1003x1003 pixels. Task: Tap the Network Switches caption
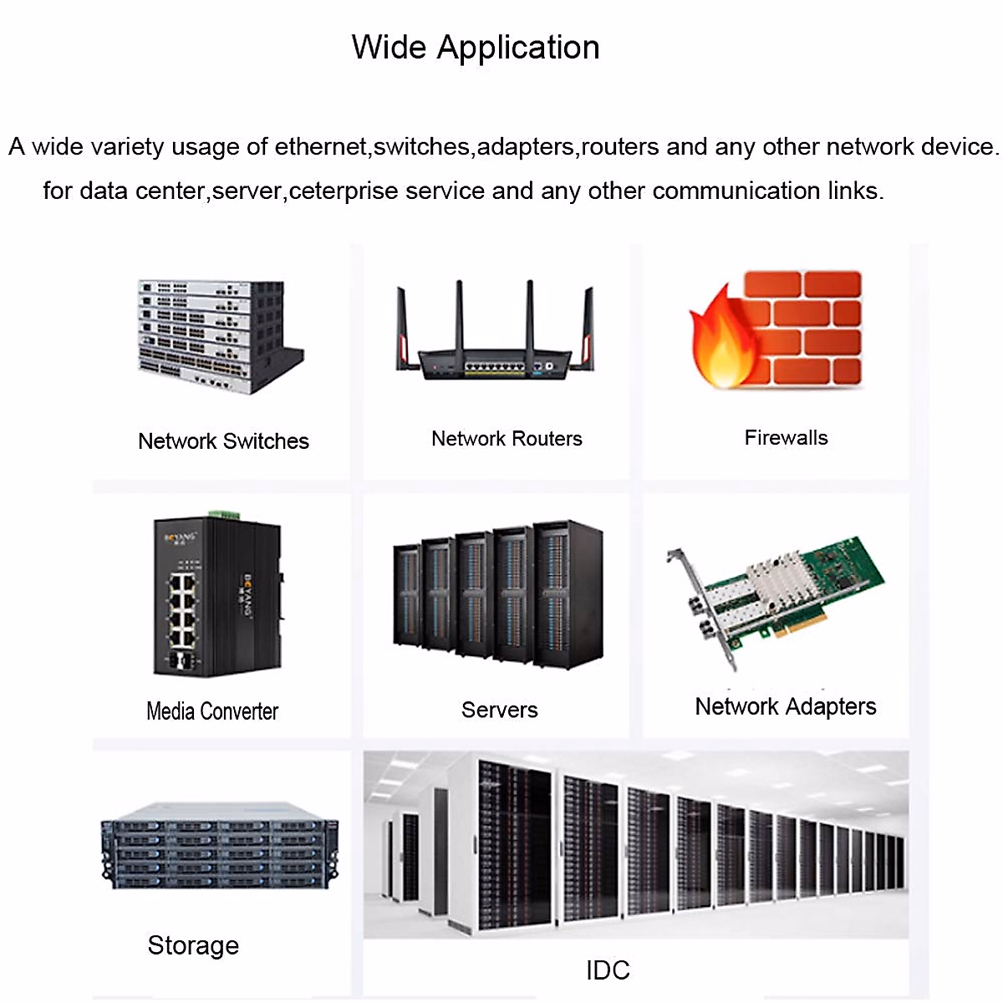[223, 441]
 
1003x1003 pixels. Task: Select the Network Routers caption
[507, 439]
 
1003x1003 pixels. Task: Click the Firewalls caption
[786, 438]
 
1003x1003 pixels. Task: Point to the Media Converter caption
[212, 711]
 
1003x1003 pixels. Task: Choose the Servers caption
[499, 710]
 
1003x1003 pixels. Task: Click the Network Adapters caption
[786, 707]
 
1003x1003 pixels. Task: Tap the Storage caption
[193, 945]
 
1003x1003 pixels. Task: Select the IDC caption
[608, 970]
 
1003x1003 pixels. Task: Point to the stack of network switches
[221, 336]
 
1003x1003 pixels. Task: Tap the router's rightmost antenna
[587, 328]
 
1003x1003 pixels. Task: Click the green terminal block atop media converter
[224, 515]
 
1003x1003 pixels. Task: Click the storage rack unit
[220, 846]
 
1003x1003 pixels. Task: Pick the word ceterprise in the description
[344, 191]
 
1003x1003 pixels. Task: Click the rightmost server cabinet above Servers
[568, 594]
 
